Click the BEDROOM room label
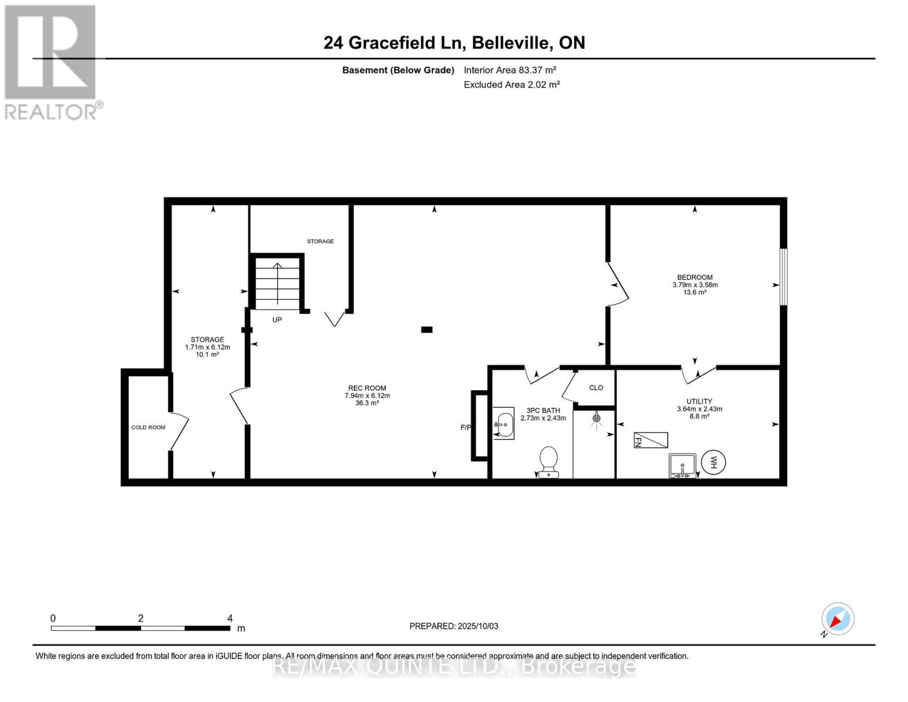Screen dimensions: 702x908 coord(695,277)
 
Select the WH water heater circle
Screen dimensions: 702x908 coord(713,463)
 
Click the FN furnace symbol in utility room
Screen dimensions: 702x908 coord(651,440)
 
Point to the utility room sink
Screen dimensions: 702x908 coord(682,466)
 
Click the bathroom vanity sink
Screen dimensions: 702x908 coord(503,424)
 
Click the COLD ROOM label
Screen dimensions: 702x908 coord(148,428)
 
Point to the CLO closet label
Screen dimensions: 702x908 coord(596,388)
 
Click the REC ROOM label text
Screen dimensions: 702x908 coord(367,388)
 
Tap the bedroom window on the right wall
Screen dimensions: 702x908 coord(783,277)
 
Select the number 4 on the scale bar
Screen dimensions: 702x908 coord(230,618)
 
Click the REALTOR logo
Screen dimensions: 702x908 coord(51,61)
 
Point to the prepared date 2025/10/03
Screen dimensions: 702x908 coord(454,626)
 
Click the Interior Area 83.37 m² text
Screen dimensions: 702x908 coord(510,70)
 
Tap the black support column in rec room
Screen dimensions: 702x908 coord(427,330)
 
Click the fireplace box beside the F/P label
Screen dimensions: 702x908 coord(480,425)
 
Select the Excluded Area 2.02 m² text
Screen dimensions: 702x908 coord(512,85)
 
